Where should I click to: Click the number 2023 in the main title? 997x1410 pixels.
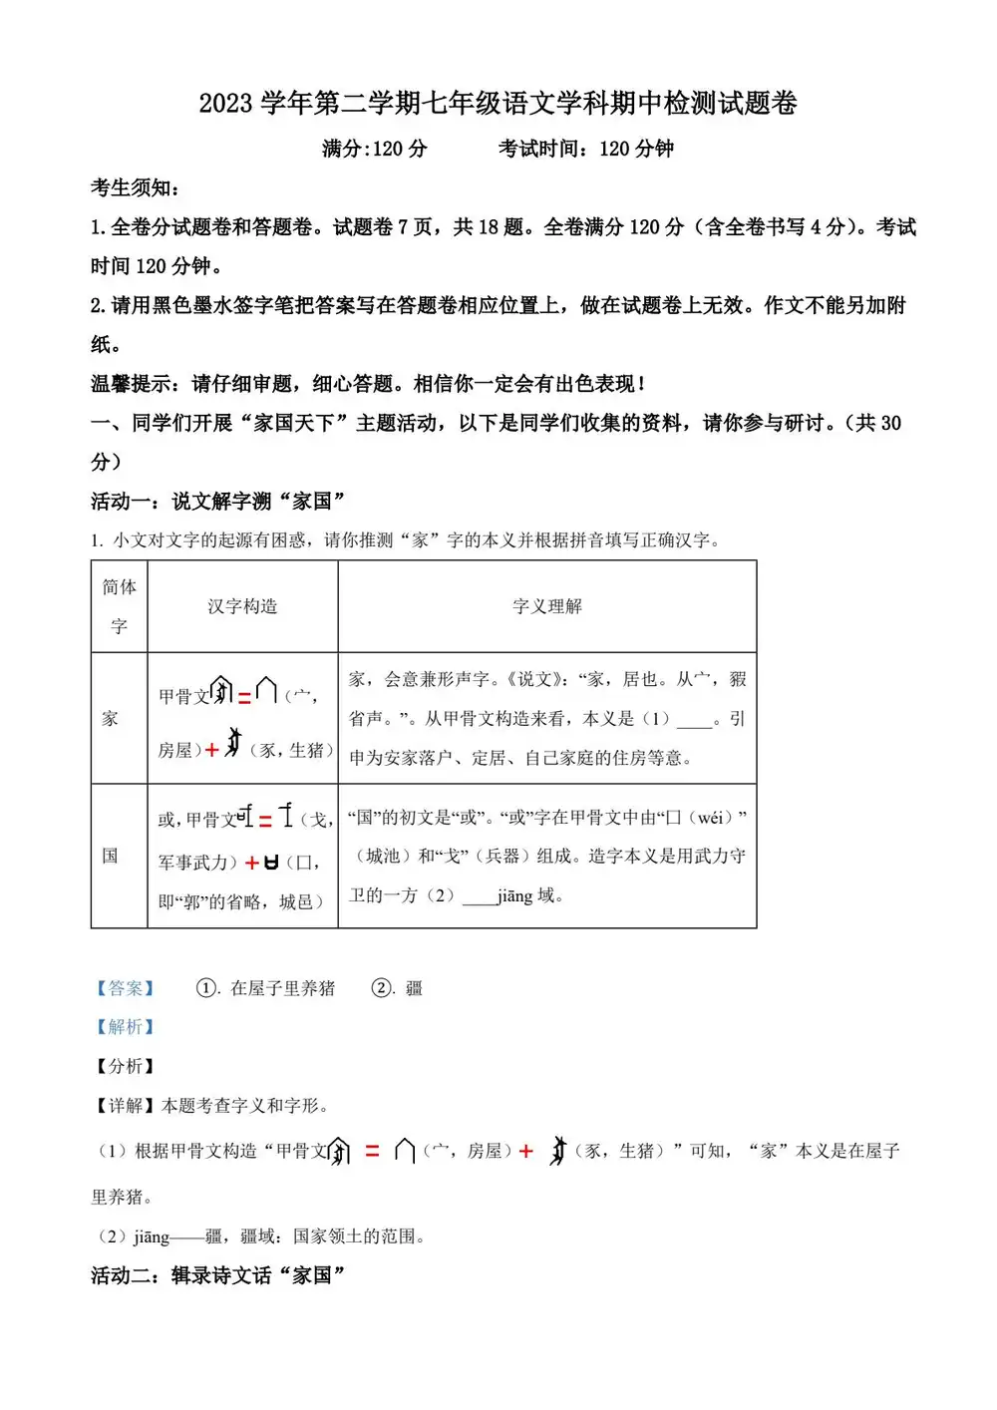pyautogui.click(x=226, y=104)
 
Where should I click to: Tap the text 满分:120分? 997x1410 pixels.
pyautogui.click(x=374, y=149)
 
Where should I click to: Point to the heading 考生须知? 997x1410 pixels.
pyautogui.click(x=135, y=187)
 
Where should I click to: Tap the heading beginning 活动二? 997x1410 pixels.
pyautogui.click(x=217, y=1275)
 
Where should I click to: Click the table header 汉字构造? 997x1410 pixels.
pyautogui.click(x=242, y=606)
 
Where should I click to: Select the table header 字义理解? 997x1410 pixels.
pyautogui.click(x=546, y=606)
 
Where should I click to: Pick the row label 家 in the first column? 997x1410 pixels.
pyautogui.click(x=111, y=718)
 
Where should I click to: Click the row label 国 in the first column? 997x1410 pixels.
pyautogui.click(x=111, y=856)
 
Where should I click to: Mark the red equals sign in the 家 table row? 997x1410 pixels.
pyautogui.click(x=244, y=698)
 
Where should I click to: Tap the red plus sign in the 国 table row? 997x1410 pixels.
pyautogui.click(x=252, y=863)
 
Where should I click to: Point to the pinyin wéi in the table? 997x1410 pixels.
pyautogui.click(x=709, y=818)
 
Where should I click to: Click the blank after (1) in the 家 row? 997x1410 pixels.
pyautogui.click(x=694, y=720)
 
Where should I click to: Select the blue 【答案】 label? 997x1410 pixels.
pyautogui.click(x=125, y=988)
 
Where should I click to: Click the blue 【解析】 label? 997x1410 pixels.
pyautogui.click(x=125, y=1027)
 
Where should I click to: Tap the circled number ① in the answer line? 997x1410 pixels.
pyautogui.click(x=206, y=988)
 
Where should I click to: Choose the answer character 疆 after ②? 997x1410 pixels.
pyautogui.click(x=414, y=988)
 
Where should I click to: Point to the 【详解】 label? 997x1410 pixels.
pyautogui.click(x=125, y=1106)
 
